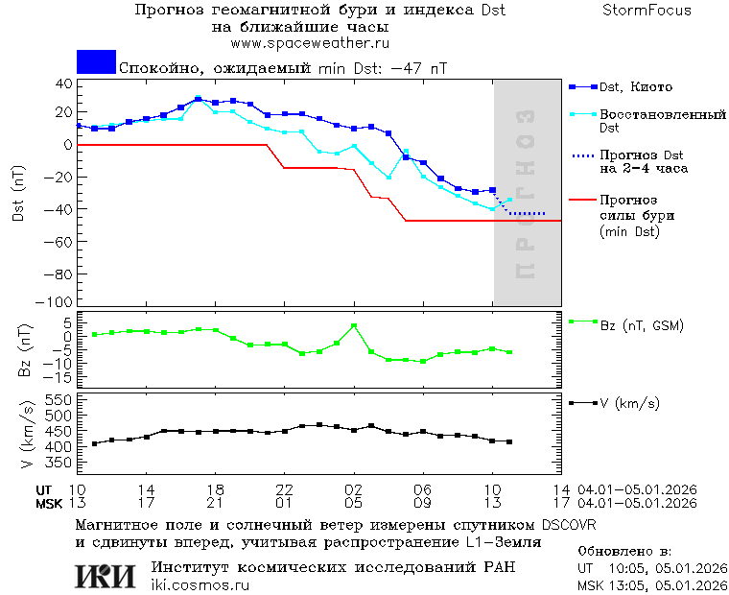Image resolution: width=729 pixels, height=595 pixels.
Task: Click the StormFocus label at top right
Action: tap(647, 11)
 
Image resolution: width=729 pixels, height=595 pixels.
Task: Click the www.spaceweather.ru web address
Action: tap(310, 43)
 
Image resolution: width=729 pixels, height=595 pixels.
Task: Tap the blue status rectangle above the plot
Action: tap(96, 61)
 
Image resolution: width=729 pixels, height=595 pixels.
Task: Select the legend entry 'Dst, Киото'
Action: tap(636, 87)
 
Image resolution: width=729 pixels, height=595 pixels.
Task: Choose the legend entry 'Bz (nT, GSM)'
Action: tap(641, 326)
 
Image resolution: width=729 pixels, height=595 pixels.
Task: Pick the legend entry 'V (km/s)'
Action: tap(629, 403)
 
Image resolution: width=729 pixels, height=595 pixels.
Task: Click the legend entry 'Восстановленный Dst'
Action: tap(662, 121)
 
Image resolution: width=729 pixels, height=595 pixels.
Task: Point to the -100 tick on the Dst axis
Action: tap(57, 301)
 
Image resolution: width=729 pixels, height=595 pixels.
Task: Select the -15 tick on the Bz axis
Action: tap(59, 378)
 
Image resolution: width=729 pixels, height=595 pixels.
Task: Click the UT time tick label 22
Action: tap(284, 489)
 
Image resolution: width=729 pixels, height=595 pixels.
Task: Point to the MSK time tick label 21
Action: tap(216, 503)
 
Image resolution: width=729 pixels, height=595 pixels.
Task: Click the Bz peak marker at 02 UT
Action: tap(354, 326)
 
